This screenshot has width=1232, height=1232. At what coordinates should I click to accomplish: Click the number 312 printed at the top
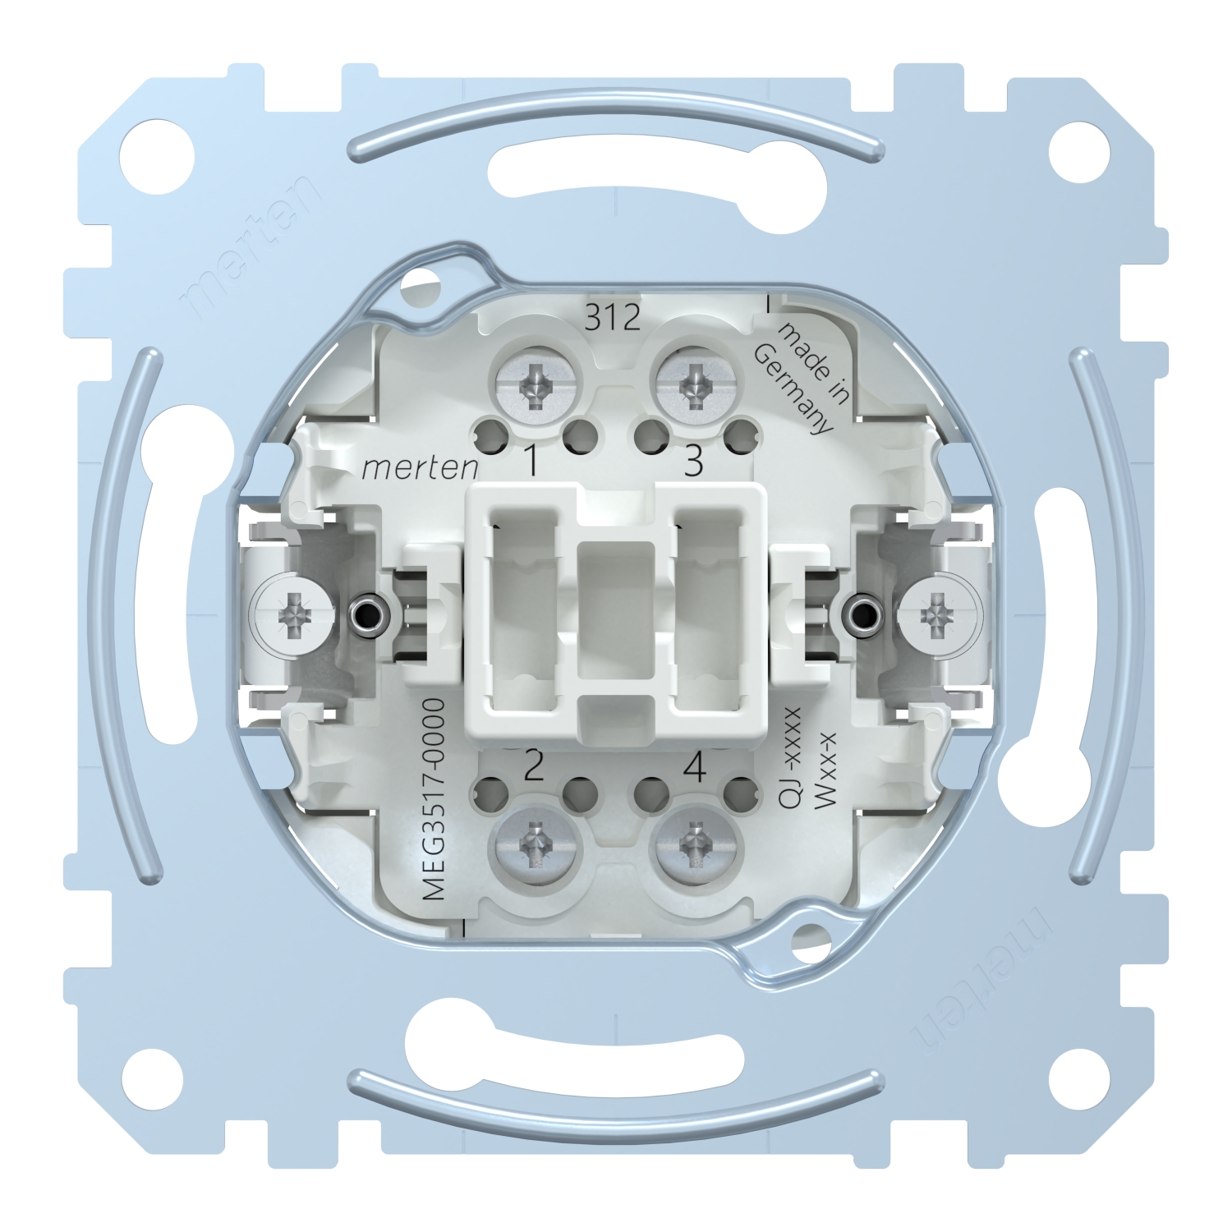(x=613, y=317)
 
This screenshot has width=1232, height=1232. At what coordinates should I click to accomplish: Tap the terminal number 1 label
(x=531, y=462)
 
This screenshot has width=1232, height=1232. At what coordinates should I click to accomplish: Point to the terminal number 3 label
(x=694, y=462)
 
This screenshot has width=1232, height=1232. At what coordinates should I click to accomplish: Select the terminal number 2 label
(x=533, y=767)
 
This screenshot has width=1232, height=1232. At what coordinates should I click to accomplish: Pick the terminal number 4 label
(x=695, y=767)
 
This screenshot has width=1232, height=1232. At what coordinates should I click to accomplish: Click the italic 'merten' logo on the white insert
(x=421, y=468)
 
